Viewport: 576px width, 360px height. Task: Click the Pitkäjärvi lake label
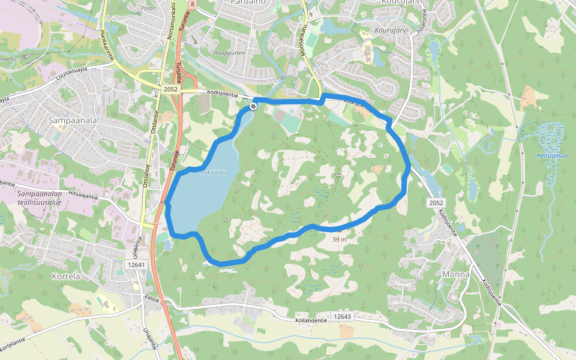click(212, 172)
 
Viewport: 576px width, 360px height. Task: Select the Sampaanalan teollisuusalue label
click(38, 198)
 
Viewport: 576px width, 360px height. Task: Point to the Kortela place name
click(67, 277)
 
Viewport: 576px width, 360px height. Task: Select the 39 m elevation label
click(339, 239)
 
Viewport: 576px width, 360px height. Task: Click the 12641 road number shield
click(137, 264)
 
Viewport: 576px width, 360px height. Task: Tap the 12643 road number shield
click(342, 316)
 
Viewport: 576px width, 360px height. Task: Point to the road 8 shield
click(191, 4)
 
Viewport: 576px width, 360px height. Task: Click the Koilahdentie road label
click(311, 320)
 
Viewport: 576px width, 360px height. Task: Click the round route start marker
click(253, 106)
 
